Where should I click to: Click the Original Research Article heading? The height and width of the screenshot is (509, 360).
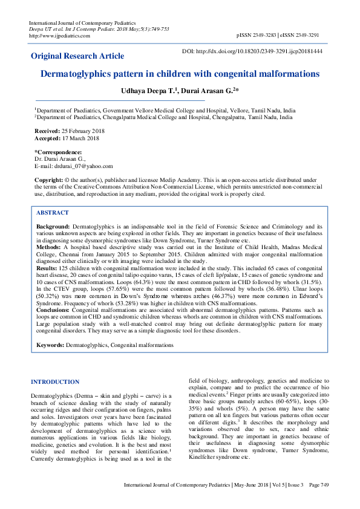coord(77,56)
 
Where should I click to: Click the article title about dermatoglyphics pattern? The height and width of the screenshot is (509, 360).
coord(180,74)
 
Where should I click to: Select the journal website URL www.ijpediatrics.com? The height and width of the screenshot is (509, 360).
coord(61,36)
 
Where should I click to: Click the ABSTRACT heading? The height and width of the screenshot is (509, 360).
coord(52,213)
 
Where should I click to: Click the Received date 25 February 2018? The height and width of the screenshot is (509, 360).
coord(81,131)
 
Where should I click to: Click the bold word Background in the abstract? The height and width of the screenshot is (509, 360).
coord(53,225)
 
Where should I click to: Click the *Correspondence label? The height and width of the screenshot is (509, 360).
coord(59,152)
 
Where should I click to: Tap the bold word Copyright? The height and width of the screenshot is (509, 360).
coord(48,181)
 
